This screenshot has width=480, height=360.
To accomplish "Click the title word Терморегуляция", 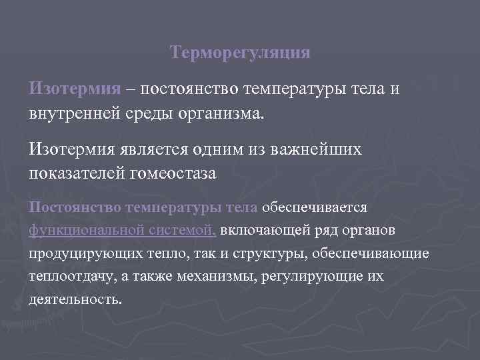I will coord(240,52).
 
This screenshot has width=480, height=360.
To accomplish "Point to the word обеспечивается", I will coord(315,207).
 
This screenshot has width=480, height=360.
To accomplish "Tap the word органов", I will coord(367,231).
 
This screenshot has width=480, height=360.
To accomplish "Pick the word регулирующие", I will coord(319,276).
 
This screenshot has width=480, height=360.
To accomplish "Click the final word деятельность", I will coord(75,299).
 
